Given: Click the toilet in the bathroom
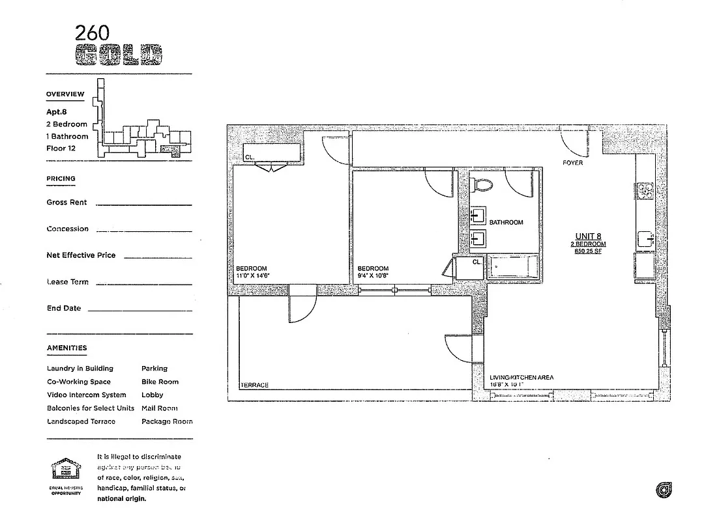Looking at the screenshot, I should [x=483, y=184].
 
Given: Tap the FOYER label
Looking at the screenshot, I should [x=572, y=163].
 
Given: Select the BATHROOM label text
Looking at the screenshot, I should [x=506, y=223].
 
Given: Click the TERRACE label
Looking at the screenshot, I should [x=254, y=385].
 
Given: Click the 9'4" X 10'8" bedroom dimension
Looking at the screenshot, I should [x=374, y=276].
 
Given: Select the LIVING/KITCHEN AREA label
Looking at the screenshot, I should [x=521, y=378].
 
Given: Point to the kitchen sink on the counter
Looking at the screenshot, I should [x=646, y=241].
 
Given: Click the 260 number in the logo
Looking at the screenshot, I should [x=92, y=33].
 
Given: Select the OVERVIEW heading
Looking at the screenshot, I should [x=65, y=94].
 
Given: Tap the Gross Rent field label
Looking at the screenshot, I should [x=66, y=203].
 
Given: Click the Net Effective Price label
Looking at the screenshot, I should [x=81, y=255].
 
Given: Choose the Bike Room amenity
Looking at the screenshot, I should [x=160, y=382].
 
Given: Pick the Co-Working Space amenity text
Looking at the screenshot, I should [x=79, y=382].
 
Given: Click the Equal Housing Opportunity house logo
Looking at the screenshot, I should [x=66, y=470].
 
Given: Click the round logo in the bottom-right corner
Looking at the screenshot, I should [x=664, y=490].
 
